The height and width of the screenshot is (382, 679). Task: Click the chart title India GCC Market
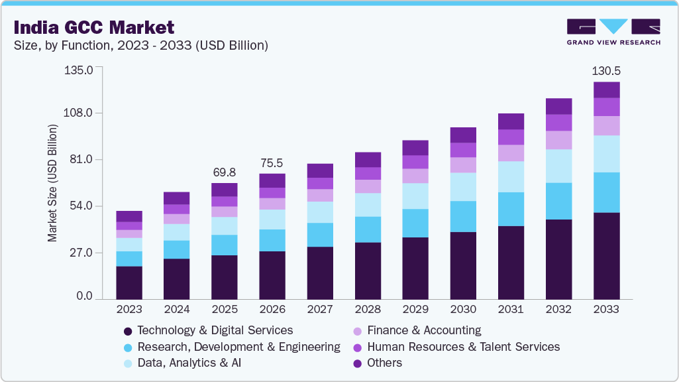[x=94, y=27]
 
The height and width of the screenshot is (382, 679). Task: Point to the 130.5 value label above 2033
[x=606, y=71]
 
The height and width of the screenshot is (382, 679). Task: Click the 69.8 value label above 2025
[x=225, y=172]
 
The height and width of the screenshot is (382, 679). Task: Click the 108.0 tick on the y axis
[x=79, y=113]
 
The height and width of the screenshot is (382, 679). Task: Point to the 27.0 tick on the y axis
[x=81, y=253]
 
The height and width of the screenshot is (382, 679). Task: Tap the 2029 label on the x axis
[x=415, y=309]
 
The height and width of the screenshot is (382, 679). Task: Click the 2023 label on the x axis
[x=129, y=309]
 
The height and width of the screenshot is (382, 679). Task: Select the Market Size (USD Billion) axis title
[x=52, y=183]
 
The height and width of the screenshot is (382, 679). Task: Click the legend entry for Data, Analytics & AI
[x=183, y=363]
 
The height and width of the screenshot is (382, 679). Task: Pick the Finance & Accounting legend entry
[x=423, y=330]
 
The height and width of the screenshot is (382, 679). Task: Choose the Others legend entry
[x=384, y=363]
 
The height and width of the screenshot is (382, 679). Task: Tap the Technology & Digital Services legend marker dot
[x=127, y=331]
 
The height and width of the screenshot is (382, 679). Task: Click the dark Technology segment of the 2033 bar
[x=606, y=255]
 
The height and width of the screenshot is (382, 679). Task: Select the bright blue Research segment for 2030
[x=463, y=216]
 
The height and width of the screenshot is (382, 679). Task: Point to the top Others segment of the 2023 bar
[x=129, y=216]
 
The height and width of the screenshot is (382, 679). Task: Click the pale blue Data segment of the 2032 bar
[x=558, y=166]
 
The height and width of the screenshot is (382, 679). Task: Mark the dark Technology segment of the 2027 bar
[x=320, y=273]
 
